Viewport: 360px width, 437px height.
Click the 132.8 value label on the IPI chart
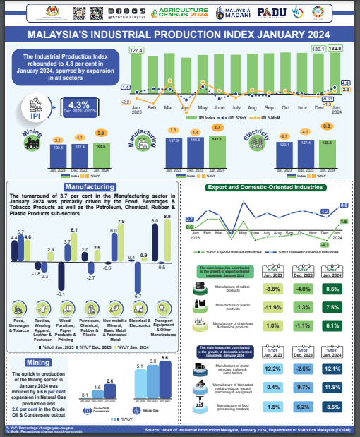pos(335,48)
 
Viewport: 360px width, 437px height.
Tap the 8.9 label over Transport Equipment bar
pos(167,216)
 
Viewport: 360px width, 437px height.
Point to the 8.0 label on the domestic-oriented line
pos(344,205)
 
